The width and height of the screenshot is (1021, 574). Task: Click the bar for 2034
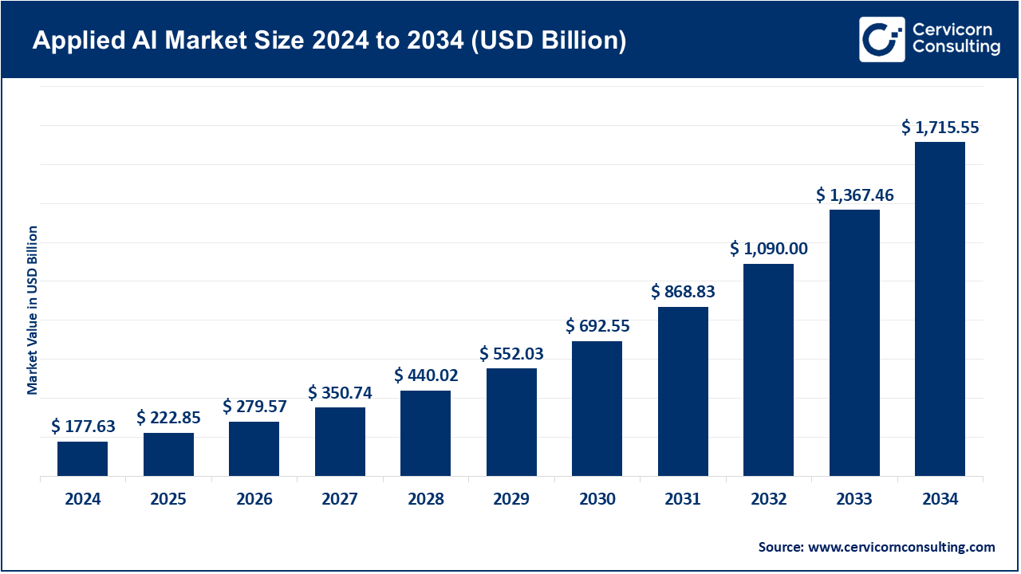940,309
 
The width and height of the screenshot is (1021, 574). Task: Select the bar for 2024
82,459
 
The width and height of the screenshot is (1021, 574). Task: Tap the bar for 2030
597,409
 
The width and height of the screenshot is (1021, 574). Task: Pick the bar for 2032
768,370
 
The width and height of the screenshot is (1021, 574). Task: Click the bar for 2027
340,442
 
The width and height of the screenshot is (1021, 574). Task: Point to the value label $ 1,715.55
940,127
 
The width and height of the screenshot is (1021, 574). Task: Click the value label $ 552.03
511,353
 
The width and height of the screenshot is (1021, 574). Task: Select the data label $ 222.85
168,418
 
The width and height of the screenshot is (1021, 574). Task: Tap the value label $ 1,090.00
768,249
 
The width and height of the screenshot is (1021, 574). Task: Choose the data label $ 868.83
683,292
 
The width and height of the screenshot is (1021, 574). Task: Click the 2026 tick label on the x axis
254,500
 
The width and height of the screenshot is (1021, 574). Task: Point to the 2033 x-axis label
853,500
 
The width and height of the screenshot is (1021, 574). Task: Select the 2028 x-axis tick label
425,500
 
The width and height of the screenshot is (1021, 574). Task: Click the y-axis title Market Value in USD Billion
33,309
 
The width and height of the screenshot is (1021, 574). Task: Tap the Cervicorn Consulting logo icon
881,39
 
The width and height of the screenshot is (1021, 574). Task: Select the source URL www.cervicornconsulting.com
901,547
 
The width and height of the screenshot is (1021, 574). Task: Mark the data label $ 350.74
340,392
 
